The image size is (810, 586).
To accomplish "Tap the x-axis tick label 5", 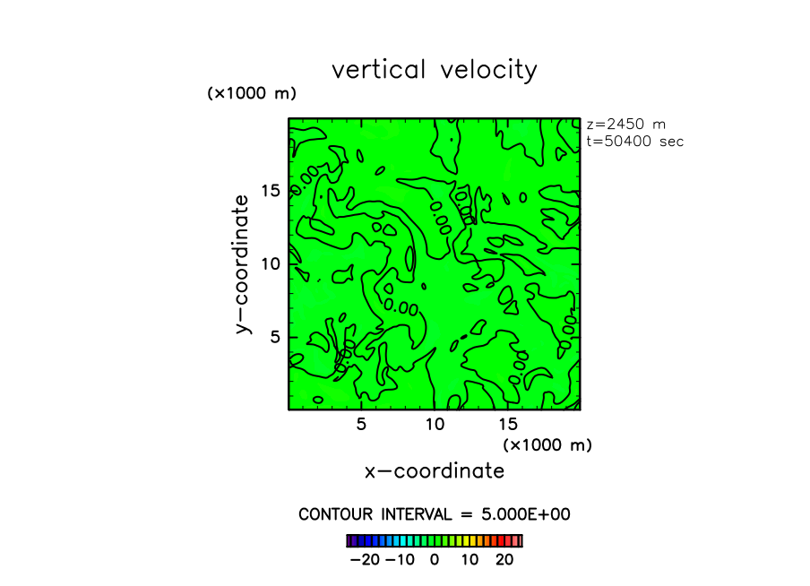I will (x=361, y=425).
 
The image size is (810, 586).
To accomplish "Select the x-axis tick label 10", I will (x=435, y=425).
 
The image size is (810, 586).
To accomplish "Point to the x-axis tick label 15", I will (x=507, y=425).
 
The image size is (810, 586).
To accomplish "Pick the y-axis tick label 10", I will (x=271, y=263).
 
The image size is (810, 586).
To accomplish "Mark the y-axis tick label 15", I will (x=271, y=190).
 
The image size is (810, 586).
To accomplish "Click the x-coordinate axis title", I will (x=434, y=471).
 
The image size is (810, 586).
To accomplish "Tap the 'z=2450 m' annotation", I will (x=625, y=125).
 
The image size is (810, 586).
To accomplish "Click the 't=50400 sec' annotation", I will (x=634, y=141).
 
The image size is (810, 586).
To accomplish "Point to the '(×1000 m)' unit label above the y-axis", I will (x=252, y=93).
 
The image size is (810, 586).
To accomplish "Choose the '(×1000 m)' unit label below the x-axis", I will (x=547, y=444).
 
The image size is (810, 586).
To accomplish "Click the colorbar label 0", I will (x=435, y=559).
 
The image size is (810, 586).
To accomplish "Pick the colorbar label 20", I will (x=504, y=559).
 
